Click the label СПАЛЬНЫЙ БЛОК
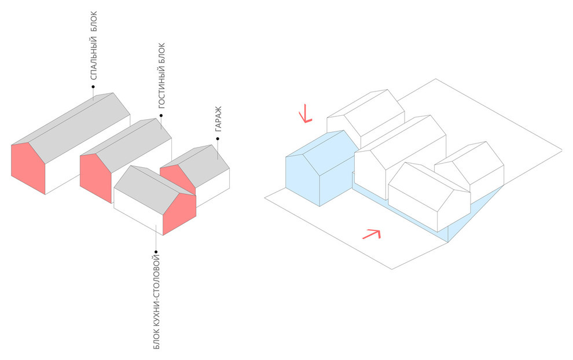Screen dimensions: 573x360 pyautogui.click(x=94, y=46)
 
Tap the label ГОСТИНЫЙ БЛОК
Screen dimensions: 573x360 pyautogui.click(x=161, y=76)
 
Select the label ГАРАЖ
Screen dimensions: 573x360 pyautogui.click(x=218, y=119)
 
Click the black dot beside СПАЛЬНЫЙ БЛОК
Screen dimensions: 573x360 pyautogui.click(x=93, y=87)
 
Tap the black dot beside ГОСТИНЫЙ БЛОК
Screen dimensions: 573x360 pyautogui.click(x=161, y=116)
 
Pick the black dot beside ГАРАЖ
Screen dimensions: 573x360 pyautogui.click(x=218, y=139)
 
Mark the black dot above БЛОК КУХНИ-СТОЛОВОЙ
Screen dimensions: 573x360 pyautogui.click(x=156, y=252)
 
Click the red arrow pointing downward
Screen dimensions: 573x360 pyautogui.click(x=304, y=114)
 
